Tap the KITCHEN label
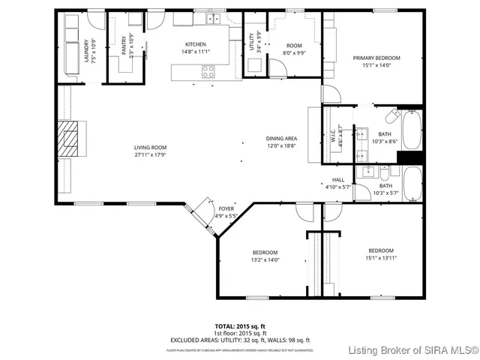(194, 44)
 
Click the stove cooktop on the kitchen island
(208, 72)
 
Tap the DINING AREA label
(281, 139)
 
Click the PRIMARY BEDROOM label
(376, 58)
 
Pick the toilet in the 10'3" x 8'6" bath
(392, 117)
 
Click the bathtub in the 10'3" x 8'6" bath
(412, 130)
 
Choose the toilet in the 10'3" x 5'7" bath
(392, 172)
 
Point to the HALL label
(337, 180)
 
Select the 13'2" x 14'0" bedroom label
(265, 252)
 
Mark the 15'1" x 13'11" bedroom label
(380, 250)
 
